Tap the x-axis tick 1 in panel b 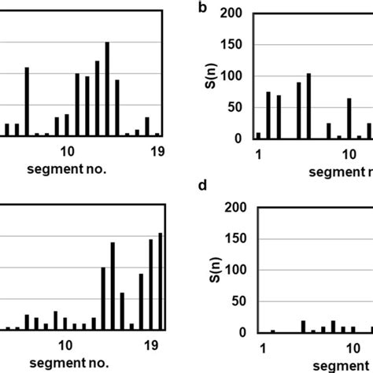tap(258, 151)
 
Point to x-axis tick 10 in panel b tap(347, 151)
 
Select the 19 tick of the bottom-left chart tap(153, 345)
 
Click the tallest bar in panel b tap(308, 106)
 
